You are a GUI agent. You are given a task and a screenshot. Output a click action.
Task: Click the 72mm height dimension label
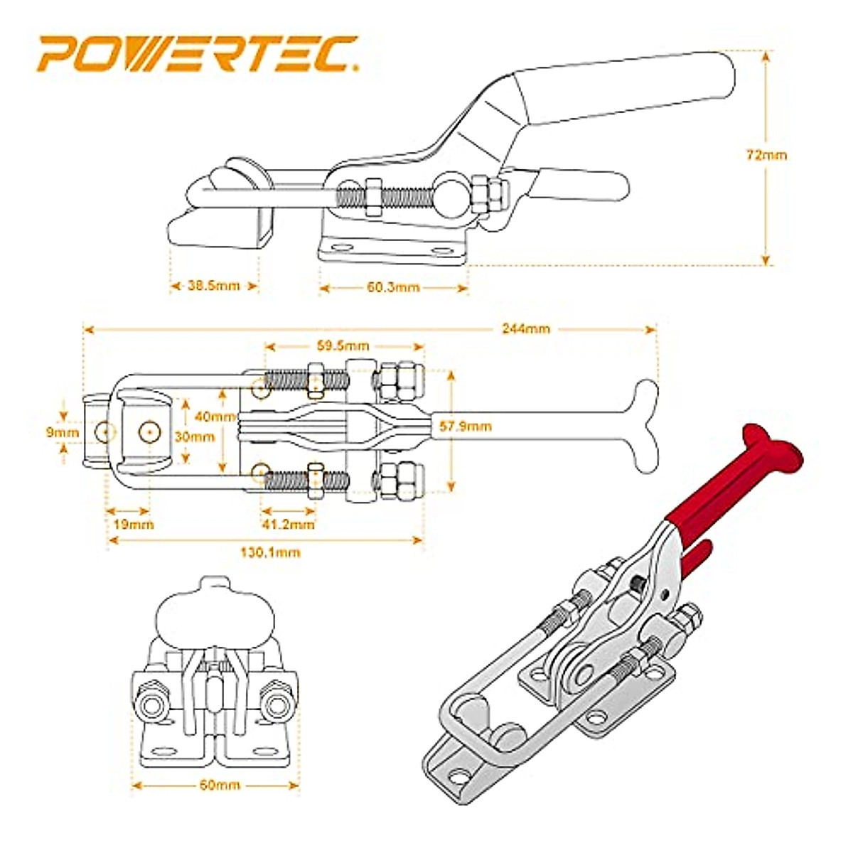pyautogui.click(x=766, y=154)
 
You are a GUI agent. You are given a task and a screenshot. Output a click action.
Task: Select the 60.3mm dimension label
pyautogui.click(x=393, y=287)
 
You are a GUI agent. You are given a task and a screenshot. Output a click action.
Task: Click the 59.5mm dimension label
pyautogui.click(x=343, y=346)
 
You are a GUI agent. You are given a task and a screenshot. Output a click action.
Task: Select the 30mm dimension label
pyautogui.click(x=194, y=437)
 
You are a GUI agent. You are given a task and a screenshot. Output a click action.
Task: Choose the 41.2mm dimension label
pyautogui.click(x=288, y=525)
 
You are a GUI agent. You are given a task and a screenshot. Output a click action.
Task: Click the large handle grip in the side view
pyautogui.click(x=626, y=92)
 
